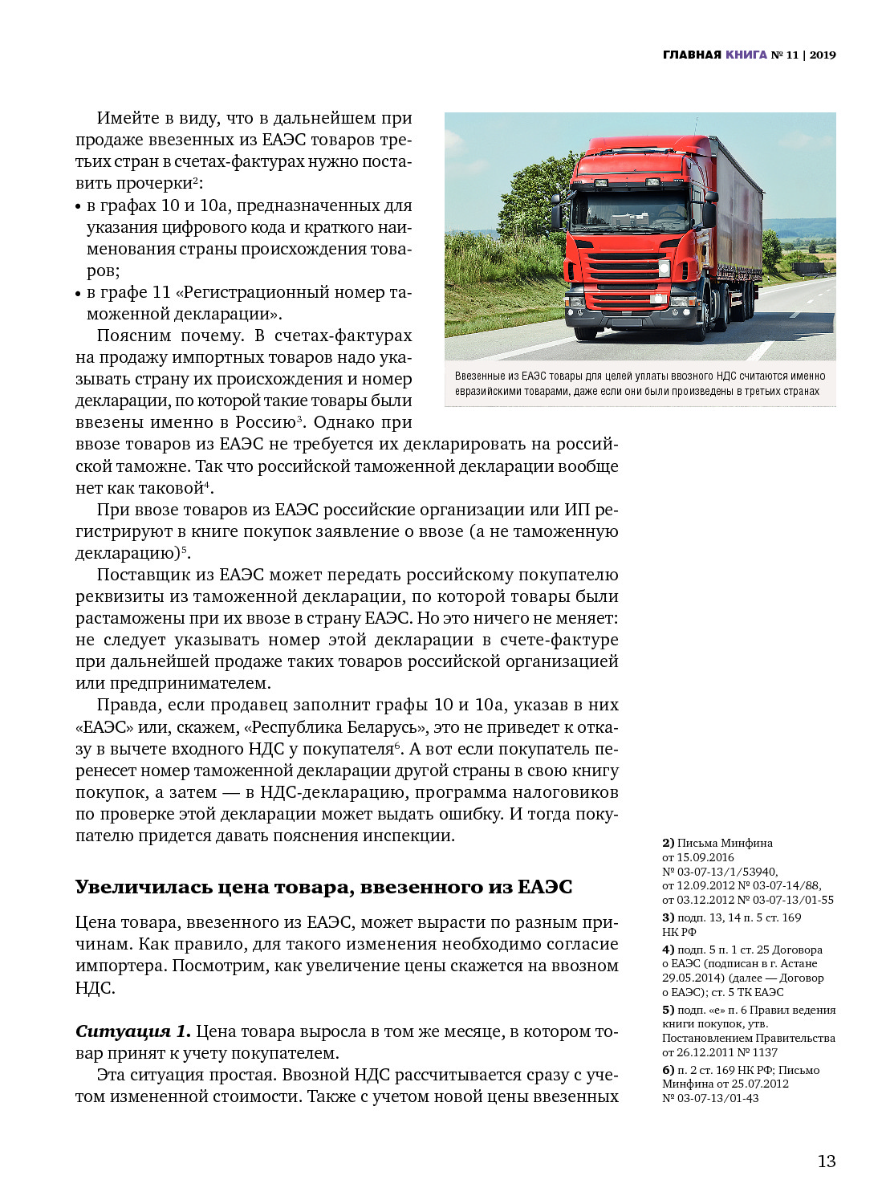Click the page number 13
point(826,1161)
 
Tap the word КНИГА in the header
point(746,55)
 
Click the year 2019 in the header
point(823,55)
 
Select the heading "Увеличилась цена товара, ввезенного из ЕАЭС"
point(323,887)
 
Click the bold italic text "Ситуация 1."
point(132,1031)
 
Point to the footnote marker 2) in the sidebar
point(668,843)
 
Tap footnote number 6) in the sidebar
point(668,1070)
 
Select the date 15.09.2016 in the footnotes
point(705,857)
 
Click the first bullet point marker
point(79,207)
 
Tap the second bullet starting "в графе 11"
point(249,293)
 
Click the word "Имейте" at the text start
point(128,118)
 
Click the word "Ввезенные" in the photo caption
point(480,376)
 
